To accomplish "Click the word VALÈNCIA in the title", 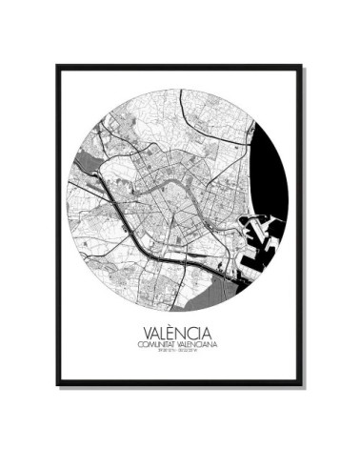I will click(178, 336).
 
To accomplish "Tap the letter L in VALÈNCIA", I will click(164, 336).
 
